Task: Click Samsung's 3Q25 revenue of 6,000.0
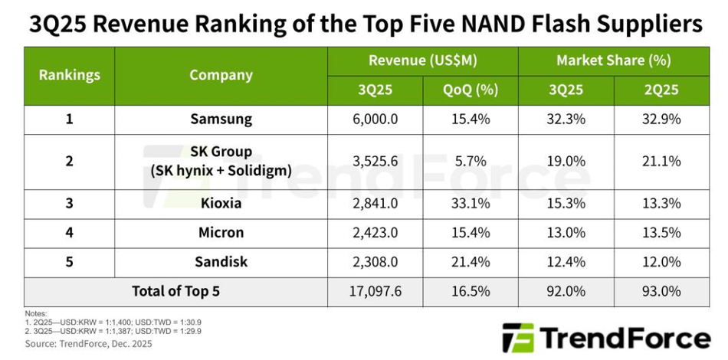tap(375, 119)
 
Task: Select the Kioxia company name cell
tap(221, 204)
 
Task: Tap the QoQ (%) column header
tap(470, 90)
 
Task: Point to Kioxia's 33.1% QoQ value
tap(470, 204)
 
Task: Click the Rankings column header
tap(69, 75)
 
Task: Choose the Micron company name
tap(221, 233)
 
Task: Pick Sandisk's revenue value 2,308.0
tap(375, 262)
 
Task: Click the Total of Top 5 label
tap(175, 291)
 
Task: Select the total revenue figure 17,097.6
tap(375, 291)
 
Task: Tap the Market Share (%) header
tap(613, 61)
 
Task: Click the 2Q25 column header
tap(661, 90)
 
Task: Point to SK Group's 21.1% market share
tap(661, 161)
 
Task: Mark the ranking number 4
tap(69, 233)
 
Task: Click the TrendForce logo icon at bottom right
tap(517, 338)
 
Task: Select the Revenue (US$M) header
tap(422, 61)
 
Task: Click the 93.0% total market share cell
tap(661, 291)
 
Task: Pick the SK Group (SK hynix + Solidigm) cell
tap(221, 161)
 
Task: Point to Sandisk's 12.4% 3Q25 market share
tap(566, 262)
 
